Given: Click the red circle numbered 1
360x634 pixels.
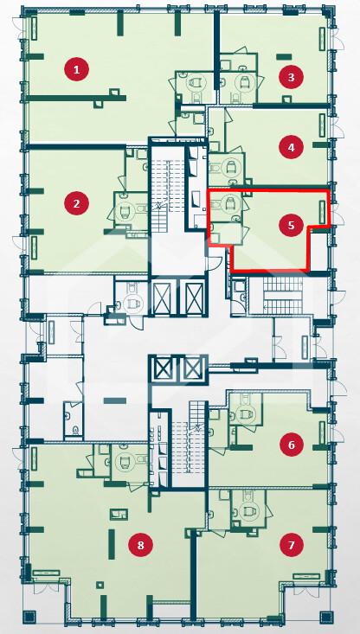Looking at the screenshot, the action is click(76, 69).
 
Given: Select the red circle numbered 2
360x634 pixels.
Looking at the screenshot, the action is click(76, 202).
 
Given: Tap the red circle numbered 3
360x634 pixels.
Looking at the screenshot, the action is click(292, 76).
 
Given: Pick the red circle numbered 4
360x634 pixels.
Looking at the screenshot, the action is click(292, 147).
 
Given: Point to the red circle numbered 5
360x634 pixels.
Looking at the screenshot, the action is click(292, 225).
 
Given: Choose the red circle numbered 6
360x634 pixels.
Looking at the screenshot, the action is click(292, 445).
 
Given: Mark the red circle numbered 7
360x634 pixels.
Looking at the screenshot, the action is click(292, 545).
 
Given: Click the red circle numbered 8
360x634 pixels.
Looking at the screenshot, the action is click(141, 545).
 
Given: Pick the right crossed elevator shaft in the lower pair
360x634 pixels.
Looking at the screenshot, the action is click(192, 368).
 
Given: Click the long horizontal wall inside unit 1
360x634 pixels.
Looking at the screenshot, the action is click(77, 98).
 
